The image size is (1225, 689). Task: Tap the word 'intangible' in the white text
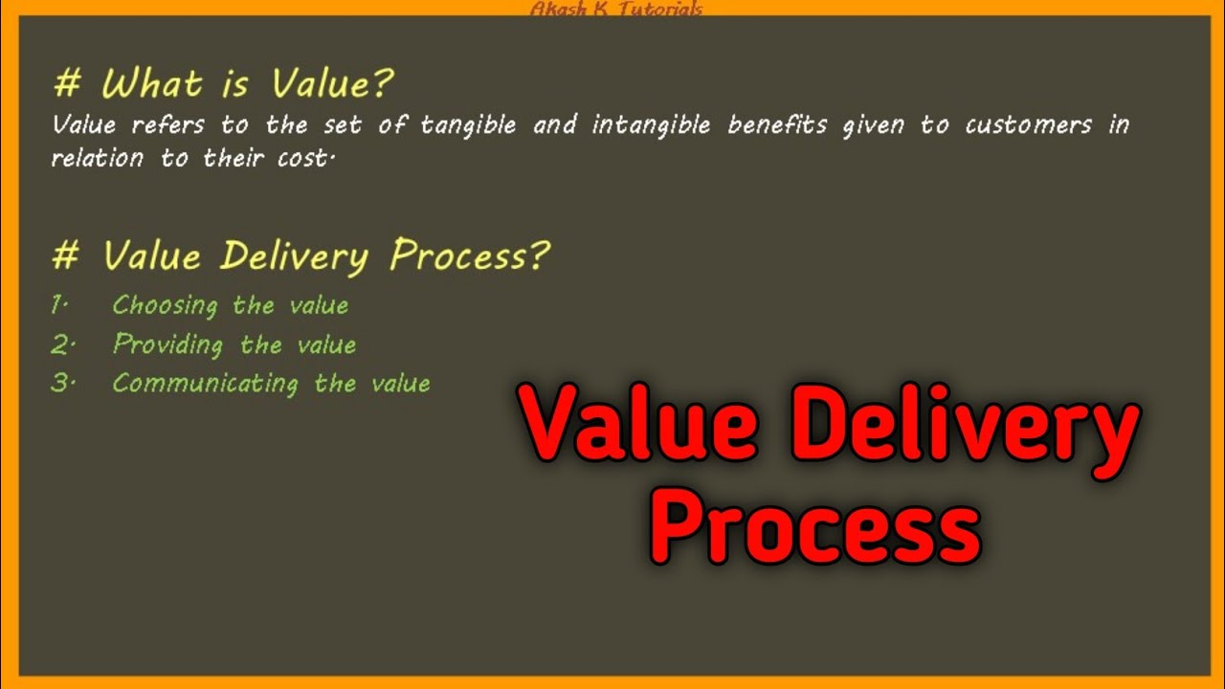coord(651,125)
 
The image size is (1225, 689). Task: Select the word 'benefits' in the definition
coord(777,125)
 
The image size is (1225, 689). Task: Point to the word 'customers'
coord(1028,125)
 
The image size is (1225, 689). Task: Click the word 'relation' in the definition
coord(97,158)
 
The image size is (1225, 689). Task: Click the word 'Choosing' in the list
coord(166,305)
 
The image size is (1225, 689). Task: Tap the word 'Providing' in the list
coord(168,344)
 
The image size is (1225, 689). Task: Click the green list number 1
coord(58,305)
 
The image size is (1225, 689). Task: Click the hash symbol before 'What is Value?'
coord(67,84)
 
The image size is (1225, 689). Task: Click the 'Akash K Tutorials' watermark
coord(616,10)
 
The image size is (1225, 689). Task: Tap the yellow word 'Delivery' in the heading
coord(293,256)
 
